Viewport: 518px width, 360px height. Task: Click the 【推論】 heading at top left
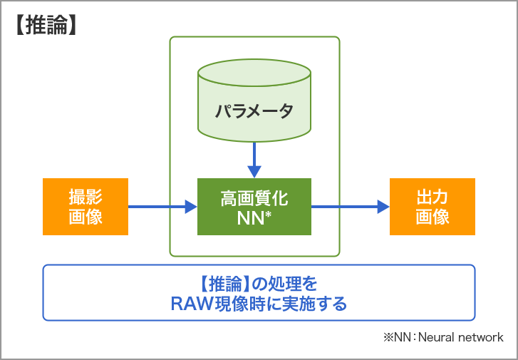click(x=45, y=25)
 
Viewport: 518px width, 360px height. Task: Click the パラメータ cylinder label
click(x=254, y=112)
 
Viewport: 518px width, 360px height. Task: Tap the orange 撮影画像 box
click(x=86, y=207)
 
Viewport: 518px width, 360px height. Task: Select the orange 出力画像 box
click(x=432, y=207)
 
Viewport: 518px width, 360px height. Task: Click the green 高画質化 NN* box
click(x=254, y=207)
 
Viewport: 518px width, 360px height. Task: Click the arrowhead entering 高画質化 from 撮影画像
click(x=191, y=207)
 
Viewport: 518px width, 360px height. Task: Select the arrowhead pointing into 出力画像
click(x=383, y=207)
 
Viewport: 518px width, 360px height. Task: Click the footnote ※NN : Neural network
click(x=442, y=336)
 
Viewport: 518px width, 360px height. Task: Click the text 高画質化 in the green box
click(x=254, y=197)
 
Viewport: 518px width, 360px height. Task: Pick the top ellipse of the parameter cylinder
click(x=254, y=72)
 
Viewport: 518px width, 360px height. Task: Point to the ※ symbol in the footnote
click(x=388, y=337)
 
